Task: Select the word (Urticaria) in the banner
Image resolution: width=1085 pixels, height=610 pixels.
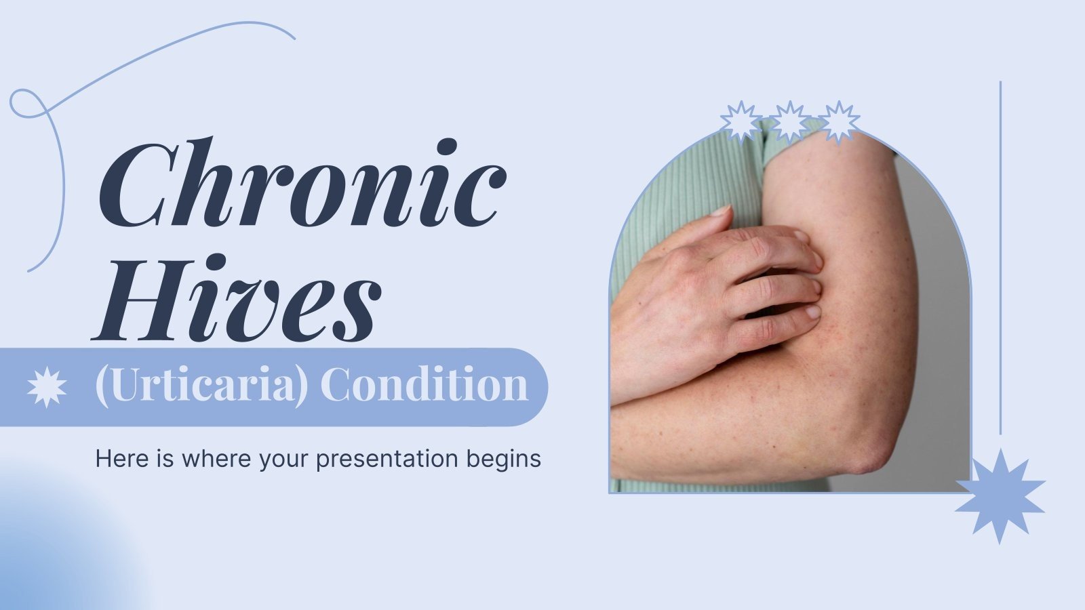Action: coord(201,386)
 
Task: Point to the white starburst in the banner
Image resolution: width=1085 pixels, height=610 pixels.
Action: coord(47,387)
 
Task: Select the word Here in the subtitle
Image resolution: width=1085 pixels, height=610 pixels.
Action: coord(122,458)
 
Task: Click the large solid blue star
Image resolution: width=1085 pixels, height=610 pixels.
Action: coord(1000,495)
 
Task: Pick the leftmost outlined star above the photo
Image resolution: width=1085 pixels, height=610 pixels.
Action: coord(741,121)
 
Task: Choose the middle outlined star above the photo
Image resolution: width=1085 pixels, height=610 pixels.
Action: coord(790,121)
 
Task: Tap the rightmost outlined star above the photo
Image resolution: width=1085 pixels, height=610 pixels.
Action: coord(839,121)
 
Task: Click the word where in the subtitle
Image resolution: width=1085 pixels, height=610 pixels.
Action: coord(218,458)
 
